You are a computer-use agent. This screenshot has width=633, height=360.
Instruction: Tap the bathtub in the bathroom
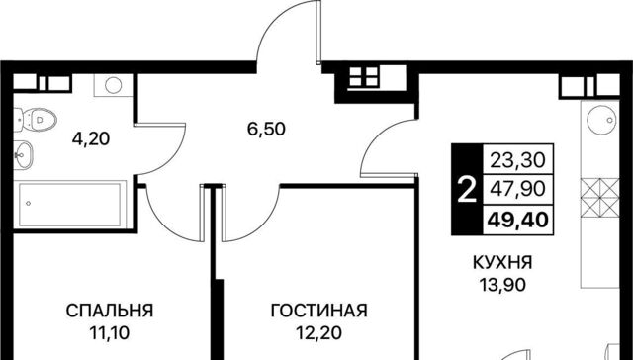pos(70,204)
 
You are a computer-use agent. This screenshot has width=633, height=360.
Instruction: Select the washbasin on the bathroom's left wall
pos(23,154)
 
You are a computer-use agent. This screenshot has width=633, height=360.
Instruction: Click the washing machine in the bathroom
pos(113,85)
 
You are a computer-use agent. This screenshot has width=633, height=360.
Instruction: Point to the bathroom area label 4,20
pos(91,139)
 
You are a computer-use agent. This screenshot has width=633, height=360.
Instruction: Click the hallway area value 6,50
pos(266,130)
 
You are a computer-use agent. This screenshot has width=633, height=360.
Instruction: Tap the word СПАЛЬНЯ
pos(110,312)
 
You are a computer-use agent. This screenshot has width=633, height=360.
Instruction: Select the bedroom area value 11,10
pos(110,333)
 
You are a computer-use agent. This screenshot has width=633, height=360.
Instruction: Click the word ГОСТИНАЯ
pos(318,312)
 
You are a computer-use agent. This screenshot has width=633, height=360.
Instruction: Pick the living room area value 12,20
pos(318,333)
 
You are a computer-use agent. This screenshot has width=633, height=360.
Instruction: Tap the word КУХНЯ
pos(502,263)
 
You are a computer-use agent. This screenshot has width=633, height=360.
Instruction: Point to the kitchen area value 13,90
pos(502,286)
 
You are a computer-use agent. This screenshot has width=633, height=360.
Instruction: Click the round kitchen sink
pos(601,120)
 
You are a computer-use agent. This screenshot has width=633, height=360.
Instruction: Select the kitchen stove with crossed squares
pos(600,198)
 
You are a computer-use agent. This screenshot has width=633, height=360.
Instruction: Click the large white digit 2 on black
pos(468,190)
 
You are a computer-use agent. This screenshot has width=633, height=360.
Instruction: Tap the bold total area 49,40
pos(518,221)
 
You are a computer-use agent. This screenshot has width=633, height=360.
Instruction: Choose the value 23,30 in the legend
pos(518,160)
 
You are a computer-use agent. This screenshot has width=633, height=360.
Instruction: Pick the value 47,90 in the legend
pos(518,189)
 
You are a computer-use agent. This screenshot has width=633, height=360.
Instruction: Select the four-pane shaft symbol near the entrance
pos(363,77)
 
